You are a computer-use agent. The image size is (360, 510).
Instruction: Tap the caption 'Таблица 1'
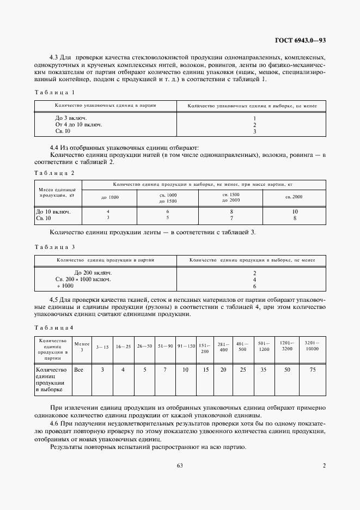[x=54, y=92]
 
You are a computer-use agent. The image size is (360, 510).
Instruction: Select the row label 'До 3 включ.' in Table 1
[x=71, y=118]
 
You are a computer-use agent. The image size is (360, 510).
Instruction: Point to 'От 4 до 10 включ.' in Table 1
[x=79, y=125]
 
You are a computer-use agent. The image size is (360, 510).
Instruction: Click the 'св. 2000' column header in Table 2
[x=294, y=197]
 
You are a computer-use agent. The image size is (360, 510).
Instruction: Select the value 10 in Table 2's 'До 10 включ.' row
[x=295, y=211]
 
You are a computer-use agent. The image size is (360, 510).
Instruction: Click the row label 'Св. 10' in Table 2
[x=43, y=218]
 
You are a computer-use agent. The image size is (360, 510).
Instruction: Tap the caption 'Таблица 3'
[x=54, y=247]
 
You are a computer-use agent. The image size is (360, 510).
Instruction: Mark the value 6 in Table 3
[x=254, y=286]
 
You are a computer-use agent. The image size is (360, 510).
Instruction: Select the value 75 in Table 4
[x=313, y=370]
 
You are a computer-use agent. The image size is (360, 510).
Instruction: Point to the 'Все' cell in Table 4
[x=78, y=370]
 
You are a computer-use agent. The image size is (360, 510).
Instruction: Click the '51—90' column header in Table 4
[x=164, y=346]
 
